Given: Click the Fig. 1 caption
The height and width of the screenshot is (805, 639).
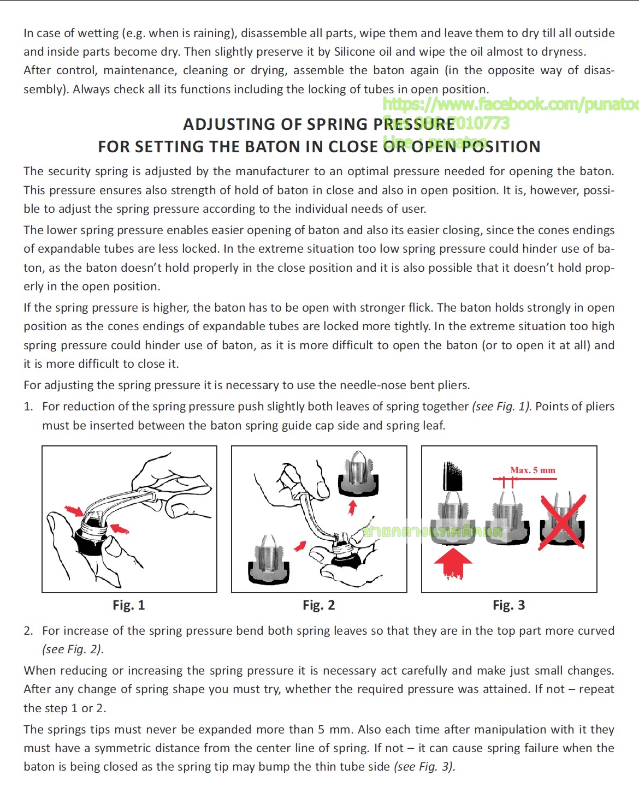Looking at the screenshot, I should click(129, 605).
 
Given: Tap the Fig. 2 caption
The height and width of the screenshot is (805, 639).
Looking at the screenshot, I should click(319, 605).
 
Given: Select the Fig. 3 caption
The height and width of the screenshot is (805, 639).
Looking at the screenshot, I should click(508, 605).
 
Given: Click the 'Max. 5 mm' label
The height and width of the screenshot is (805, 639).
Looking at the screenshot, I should click(532, 470).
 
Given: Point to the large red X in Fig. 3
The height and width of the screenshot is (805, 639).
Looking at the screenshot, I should click(563, 522).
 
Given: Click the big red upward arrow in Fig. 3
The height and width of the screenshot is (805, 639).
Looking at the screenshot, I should click(453, 563).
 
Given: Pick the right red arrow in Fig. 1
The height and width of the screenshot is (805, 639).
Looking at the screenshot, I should click(120, 528).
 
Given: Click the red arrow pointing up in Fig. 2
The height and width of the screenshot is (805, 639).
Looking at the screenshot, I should click(353, 507).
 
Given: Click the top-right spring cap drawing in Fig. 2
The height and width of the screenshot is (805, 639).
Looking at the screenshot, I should click(358, 473).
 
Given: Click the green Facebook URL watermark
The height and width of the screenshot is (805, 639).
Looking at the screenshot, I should click(510, 104).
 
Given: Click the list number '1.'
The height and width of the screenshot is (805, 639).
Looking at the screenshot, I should click(28, 407).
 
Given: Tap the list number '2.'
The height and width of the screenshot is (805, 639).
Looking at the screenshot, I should click(28, 631).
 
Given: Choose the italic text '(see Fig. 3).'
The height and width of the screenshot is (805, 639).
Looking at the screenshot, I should click(424, 767).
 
